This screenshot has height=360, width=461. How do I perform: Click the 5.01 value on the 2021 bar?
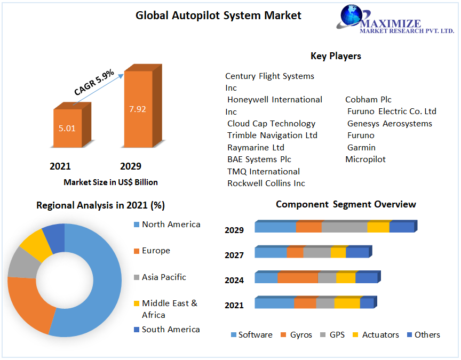tap(67, 129)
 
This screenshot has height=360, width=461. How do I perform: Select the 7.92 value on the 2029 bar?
tap(137, 109)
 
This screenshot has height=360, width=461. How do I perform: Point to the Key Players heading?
tap(336, 56)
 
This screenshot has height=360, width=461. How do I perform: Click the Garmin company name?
tap(361, 147)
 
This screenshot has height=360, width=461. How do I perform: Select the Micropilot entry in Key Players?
tap(365, 159)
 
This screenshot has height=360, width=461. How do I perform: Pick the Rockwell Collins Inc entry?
tap(266, 183)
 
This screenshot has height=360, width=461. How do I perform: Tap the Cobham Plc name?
tap(368, 99)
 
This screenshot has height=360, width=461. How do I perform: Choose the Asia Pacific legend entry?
tap(164, 277)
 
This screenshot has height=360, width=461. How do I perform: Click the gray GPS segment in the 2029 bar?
tap(344, 227)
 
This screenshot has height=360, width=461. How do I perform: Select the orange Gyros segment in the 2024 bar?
tap(297, 278)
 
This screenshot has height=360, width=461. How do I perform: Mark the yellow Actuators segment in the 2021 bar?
tap(347, 303)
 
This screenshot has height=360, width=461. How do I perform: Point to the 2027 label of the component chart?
tap(234, 255)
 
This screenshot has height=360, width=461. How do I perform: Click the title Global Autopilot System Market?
tap(218, 15)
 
